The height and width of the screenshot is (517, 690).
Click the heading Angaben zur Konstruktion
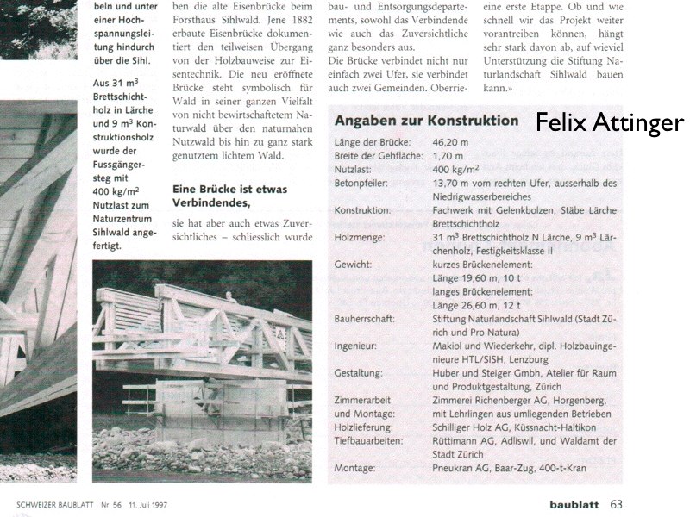pos(426,121)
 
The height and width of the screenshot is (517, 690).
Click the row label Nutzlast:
pos(354,169)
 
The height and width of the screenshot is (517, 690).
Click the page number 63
pos(616,504)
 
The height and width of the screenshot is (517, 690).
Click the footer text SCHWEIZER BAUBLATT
pos(53,505)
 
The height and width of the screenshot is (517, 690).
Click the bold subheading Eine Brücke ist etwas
pos(230,189)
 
